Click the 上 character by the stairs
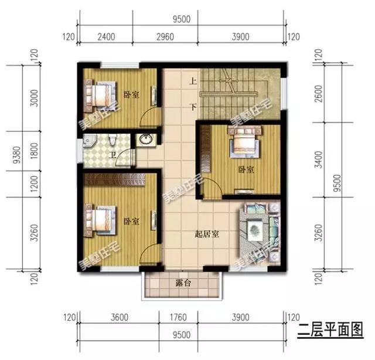point(192,83)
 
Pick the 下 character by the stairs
point(192,107)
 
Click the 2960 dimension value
point(166,37)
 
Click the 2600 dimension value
point(319,94)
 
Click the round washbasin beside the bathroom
point(144,140)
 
